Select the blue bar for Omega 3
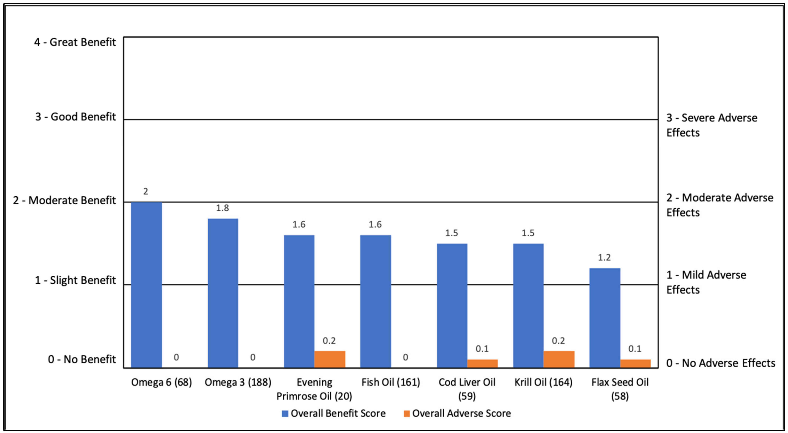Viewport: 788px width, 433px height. (x=223, y=293)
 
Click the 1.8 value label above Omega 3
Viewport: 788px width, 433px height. (x=222, y=208)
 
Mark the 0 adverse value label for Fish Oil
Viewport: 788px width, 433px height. (x=405, y=357)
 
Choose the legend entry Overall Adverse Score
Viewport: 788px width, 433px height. (x=457, y=413)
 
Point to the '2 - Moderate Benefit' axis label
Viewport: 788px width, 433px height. (x=64, y=200)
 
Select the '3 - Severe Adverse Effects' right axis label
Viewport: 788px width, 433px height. (x=711, y=125)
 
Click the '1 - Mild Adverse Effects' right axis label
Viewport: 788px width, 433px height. (x=706, y=282)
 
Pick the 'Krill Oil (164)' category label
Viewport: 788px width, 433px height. (x=543, y=382)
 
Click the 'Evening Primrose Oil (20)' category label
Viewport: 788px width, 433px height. (x=314, y=389)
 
